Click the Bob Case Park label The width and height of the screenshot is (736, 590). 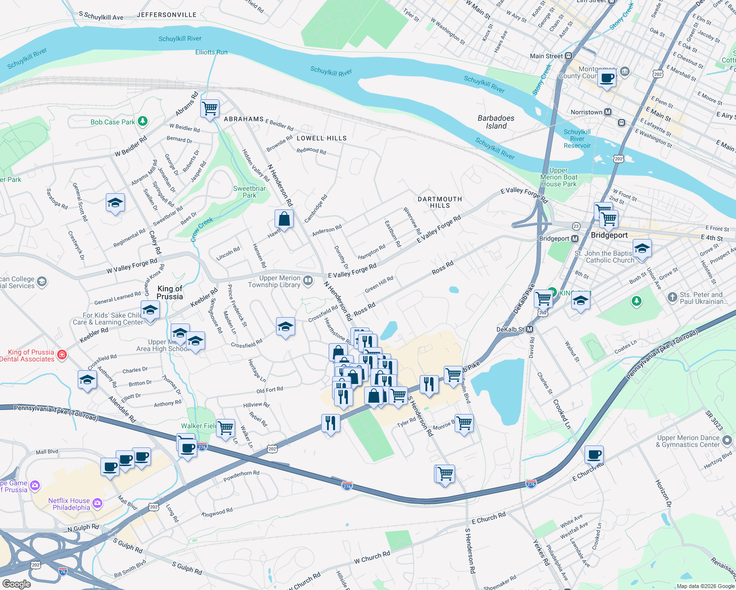pyautogui.click(x=113, y=122)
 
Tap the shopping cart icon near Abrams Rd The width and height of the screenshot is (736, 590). pyautogui.click(x=210, y=108)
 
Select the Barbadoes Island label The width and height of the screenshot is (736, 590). pyautogui.click(x=496, y=122)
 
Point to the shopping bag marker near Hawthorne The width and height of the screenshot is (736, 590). pyautogui.click(x=284, y=218)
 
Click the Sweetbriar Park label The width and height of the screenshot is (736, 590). pyautogui.click(x=249, y=192)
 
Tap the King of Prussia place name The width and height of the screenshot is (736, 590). pyautogui.click(x=170, y=293)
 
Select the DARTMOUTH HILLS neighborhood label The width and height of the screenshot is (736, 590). pyautogui.click(x=440, y=202)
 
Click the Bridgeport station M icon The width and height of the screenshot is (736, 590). pyautogui.click(x=575, y=239)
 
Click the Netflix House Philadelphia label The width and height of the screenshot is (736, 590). pyautogui.click(x=69, y=504)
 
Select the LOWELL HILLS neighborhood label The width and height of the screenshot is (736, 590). pyautogui.click(x=322, y=138)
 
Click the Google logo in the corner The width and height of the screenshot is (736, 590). pyautogui.click(x=16, y=584)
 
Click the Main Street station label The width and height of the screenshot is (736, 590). pyautogui.click(x=546, y=56)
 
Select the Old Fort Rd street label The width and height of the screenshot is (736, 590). pyautogui.click(x=270, y=390)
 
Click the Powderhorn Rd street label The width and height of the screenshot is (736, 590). pyautogui.click(x=241, y=476)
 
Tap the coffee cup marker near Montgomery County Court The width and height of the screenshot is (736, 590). pyautogui.click(x=607, y=78)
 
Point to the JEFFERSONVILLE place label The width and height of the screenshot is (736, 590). pyautogui.click(x=166, y=15)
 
